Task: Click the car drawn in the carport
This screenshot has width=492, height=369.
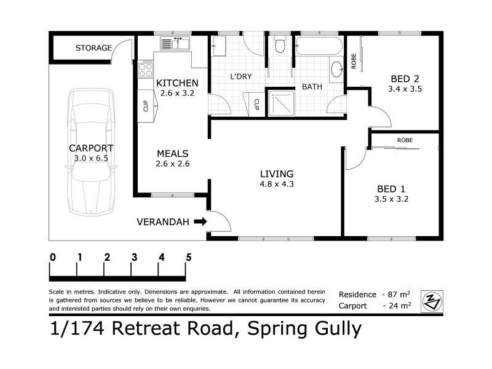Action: point(91,154)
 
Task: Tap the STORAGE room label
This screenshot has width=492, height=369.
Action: point(93,48)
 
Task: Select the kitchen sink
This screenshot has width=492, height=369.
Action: point(175,44)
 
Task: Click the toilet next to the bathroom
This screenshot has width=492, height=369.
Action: point(280,45)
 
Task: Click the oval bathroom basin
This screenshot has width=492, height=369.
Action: point(338,69)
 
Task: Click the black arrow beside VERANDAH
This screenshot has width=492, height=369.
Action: point(200,221)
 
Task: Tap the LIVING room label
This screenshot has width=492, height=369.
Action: point(276,174)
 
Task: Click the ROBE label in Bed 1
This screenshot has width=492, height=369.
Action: point(405,140)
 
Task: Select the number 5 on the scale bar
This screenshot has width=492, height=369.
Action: point(188,257)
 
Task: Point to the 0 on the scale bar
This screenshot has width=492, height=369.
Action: point(53,257)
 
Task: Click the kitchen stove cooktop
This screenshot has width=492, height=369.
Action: point(146,68)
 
